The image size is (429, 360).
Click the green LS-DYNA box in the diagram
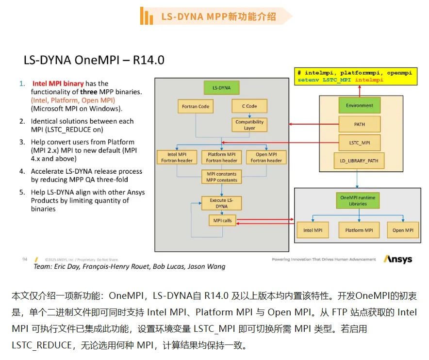[x=221, y=88]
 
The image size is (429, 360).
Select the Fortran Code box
[x=196, y=106]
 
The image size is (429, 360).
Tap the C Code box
[x=249, y=106]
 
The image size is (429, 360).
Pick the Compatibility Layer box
[x=249, y=125]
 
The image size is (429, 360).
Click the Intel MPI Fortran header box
[x=177, y=157]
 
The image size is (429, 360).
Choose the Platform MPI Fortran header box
[x=221, y=157]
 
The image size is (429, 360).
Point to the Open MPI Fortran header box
[x=266, y=157]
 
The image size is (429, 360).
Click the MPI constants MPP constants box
[x=221, y=177]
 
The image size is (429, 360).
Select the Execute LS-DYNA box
[x=221, y=203]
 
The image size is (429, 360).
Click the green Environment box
[x=359, y=105]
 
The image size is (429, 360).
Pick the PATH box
[x=359, y=124]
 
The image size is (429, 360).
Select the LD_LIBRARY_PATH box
[x=359, y=161]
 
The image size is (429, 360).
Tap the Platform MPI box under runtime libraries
[x=359, y=230]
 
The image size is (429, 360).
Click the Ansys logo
[x=397, y=259]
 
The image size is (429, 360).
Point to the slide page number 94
[x=25, y=260]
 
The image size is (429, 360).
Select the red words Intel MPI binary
[x=58, y=83]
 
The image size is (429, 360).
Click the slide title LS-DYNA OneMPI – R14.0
[x=94, y=60]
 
